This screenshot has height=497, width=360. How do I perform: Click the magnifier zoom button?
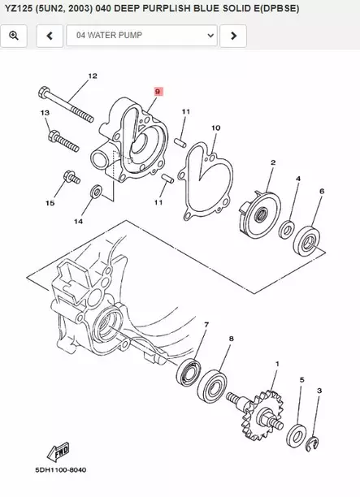[x=15, y=36]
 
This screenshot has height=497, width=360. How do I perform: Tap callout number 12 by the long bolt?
[x=92, y=76]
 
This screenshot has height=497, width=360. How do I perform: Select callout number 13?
[x=44, y=112]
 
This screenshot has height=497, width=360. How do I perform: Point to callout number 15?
[x=50, y=202]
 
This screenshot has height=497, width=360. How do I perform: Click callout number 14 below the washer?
[x=78, y=221]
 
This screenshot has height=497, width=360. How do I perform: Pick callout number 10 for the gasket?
[x=215, y=127]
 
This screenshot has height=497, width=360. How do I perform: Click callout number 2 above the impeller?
[x=273, y=162]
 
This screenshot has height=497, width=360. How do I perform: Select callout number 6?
[x=322, y=191]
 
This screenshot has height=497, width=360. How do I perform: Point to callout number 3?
[x=319, y=391]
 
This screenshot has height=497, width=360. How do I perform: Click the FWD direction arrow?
[x=60, y=450]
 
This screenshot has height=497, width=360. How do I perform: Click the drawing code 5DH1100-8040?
[x=60, y=470]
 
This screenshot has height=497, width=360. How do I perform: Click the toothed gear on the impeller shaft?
[x=266, y=409]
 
